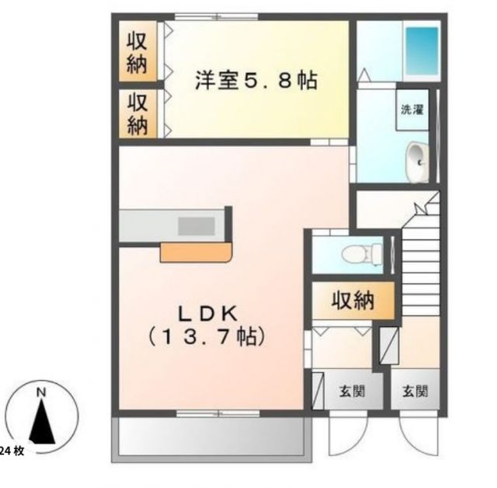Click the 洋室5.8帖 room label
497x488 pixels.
(256, 80)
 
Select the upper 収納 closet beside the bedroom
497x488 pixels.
(137, 51)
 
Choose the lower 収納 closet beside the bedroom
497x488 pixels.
(137, 113)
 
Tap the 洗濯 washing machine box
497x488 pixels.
(412, 110)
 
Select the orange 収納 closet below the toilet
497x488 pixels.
(353, 299)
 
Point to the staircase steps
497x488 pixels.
(419, 264)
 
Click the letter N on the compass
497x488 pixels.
(43, 393)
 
